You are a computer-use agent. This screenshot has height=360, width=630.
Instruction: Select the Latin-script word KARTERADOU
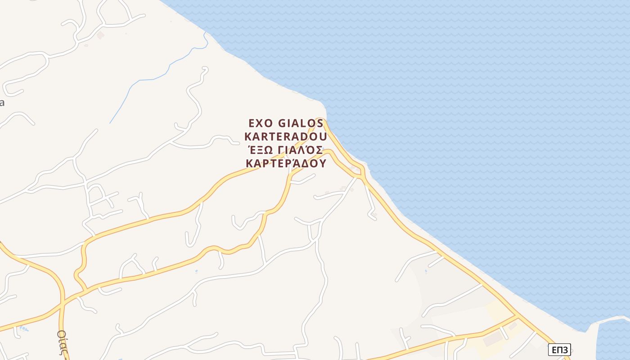tap(286, 136)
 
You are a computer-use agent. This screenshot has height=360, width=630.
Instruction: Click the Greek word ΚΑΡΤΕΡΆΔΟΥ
tap(286, 163)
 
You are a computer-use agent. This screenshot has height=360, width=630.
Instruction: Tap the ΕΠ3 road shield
tap(559, 349)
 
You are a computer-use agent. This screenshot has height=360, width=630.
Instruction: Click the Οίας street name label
tap(63, 342)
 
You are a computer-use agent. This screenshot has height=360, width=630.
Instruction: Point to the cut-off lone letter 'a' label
tap(2, 102)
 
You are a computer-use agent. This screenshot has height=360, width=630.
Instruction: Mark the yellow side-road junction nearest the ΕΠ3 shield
tap(517, 317)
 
